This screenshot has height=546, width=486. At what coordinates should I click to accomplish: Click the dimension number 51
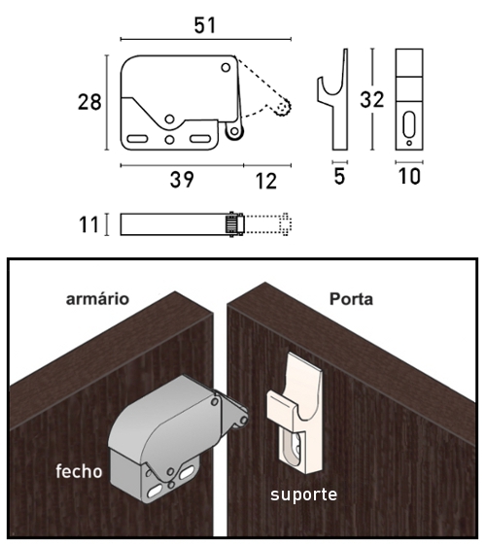coord(204,25)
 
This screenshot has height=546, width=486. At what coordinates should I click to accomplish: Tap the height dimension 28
coord(90,101)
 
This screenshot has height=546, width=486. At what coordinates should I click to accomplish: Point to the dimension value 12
coord(266,180)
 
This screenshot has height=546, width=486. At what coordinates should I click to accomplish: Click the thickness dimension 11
coord(89,224)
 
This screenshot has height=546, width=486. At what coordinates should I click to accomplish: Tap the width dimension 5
coord(339,178)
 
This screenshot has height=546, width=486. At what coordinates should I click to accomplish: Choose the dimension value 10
coord(410,178)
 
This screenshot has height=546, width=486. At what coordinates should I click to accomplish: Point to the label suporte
coord(303,495)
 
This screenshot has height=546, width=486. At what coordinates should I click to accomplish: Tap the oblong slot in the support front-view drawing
coord(409,125)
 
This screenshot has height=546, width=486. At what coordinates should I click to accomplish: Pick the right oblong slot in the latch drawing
coord(200,139)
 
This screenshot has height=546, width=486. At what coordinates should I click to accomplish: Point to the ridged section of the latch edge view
coord(232,224)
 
